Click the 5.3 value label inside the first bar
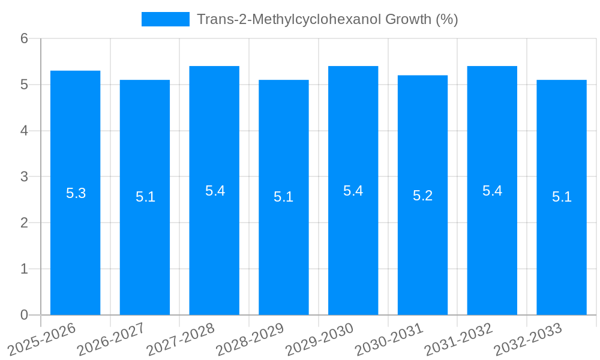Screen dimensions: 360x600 click(x=76, y=193)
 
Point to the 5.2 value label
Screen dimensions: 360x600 click(x=422, y=196)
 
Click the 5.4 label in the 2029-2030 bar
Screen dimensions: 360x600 click(x=353, y=191)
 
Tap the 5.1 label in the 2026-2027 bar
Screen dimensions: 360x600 click(x=145, y=197)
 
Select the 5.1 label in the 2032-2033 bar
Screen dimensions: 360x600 click(x=562, y=197)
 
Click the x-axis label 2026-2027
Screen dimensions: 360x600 click(x=112, y=340)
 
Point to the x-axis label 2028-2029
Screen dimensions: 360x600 click(x=250, y=340)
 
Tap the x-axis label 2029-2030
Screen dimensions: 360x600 click(x=320, y=340)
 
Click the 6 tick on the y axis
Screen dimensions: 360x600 click(x=24, y=38)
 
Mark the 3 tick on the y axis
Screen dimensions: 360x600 click(x=24, y=177)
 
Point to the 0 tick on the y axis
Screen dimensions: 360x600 click(x=24, y=315)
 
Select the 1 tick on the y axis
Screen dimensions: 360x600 click(x=24, y=269)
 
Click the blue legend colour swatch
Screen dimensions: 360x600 click(x=165, y=19)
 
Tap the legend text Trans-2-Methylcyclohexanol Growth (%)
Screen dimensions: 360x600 click(x=327, y=19)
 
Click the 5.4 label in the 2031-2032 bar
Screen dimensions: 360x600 click(x=492, y=191)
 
